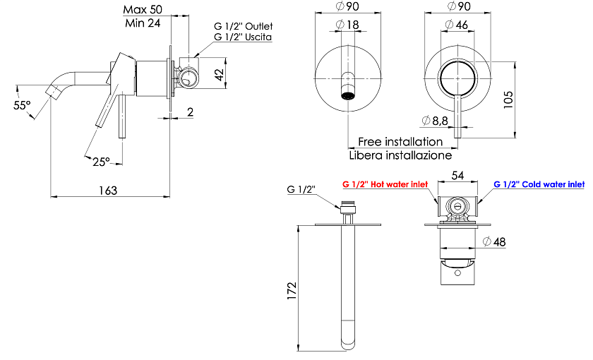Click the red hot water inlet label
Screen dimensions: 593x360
385,184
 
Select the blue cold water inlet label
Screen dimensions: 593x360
539,184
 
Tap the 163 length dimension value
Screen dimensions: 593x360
108,191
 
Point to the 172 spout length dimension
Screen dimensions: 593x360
292,291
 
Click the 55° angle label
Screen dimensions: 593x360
22,105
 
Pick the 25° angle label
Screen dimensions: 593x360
102,162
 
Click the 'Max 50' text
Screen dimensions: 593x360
143,9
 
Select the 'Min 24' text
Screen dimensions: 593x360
143,23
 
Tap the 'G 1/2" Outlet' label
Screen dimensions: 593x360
243,27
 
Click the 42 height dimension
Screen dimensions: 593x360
220,73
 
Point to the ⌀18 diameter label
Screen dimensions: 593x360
347,25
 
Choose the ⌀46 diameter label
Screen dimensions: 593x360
457,25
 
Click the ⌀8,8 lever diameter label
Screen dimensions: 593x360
435,121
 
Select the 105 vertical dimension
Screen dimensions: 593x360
509,100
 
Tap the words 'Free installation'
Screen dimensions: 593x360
400,142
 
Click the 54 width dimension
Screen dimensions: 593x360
457,176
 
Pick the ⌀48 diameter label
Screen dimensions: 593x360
494,241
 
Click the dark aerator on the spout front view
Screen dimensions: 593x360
348,95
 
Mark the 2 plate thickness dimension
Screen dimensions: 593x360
190,112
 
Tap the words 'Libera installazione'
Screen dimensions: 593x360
400,155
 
